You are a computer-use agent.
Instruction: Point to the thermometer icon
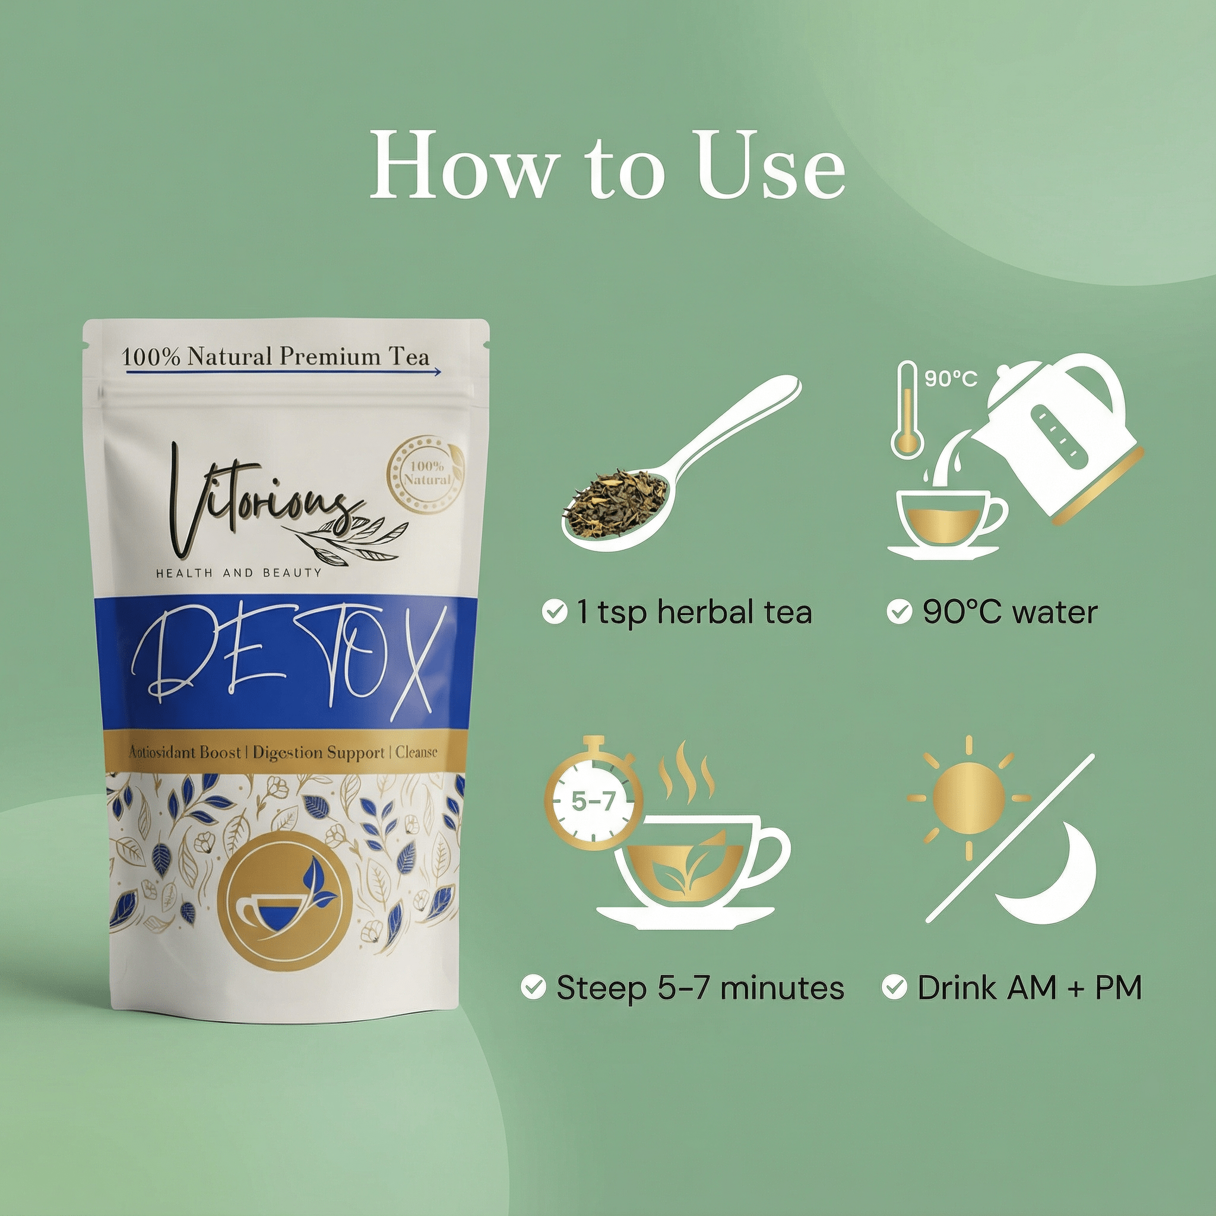click(x=907, y=409)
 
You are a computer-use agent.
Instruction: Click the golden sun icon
click(x=968, y=798)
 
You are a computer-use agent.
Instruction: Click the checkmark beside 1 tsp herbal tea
click(x=554, y=611)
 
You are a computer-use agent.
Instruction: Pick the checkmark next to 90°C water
click(x=899, y=611)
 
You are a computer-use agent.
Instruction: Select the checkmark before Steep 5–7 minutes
click(x=533, y=987)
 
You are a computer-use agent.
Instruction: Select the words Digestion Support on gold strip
click(x=318, y=753)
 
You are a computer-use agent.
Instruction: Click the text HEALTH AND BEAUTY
click(x=239, y=573)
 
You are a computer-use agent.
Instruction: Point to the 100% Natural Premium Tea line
click(x=275, y=357)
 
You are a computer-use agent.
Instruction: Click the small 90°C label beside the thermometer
click(x=951, y=378)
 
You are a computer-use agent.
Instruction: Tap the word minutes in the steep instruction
click(x=782, y=987)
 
